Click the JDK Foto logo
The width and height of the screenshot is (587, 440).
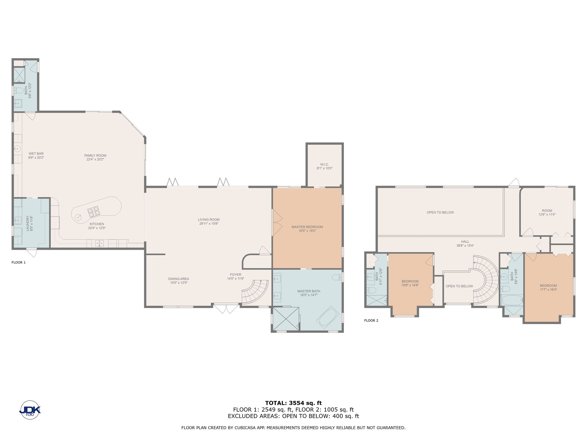[x=30, y=410]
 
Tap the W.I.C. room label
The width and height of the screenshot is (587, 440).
[x=324, y=164]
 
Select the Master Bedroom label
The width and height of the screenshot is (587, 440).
[x=307, y=227]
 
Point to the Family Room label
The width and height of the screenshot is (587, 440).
[x=95, y=156]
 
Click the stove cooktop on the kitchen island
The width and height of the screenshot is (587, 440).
[x=93, y=212]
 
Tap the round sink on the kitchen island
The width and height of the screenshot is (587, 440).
[x=78, y=217]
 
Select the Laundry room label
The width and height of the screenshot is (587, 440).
[x=28, y=223]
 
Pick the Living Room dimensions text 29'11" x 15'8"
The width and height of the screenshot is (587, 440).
[x=209, y=224]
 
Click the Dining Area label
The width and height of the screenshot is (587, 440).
[x=179, y=279]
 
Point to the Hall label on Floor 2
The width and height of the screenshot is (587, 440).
[x=465, y=241]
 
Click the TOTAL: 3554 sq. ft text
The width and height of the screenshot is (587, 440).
[x=293, y=403]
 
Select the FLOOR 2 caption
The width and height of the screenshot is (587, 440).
[x=371, y=321]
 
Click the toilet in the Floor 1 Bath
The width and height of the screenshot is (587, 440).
[x=19, y=91]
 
